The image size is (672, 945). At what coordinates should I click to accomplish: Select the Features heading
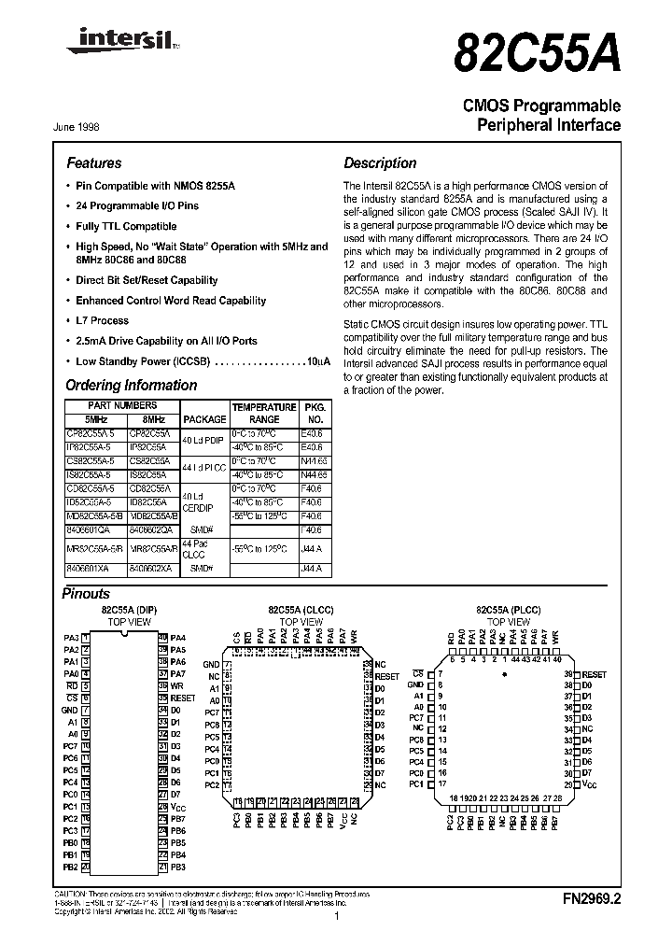pos(93,162)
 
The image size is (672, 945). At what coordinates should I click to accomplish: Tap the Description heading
pos(380,162)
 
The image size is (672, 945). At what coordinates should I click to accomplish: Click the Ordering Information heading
pos(125,385)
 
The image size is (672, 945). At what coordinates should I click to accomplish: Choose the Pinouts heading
pos(86,593)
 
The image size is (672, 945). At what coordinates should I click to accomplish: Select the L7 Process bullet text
pos(102,320)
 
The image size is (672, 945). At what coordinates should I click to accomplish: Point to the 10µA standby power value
pos(318,360)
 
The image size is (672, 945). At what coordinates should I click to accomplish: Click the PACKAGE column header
pos(204,419)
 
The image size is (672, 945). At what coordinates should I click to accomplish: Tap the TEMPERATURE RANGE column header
pos(264,414)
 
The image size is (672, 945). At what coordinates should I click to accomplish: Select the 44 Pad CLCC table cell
pos(195,549)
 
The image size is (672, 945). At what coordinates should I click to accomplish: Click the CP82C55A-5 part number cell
pos(91,434)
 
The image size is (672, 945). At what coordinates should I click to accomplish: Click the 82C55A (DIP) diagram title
pos(129,609)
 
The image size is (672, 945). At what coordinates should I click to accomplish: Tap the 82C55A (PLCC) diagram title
pos(504,609)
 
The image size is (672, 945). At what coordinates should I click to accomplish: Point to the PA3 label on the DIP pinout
pos(71,637)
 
